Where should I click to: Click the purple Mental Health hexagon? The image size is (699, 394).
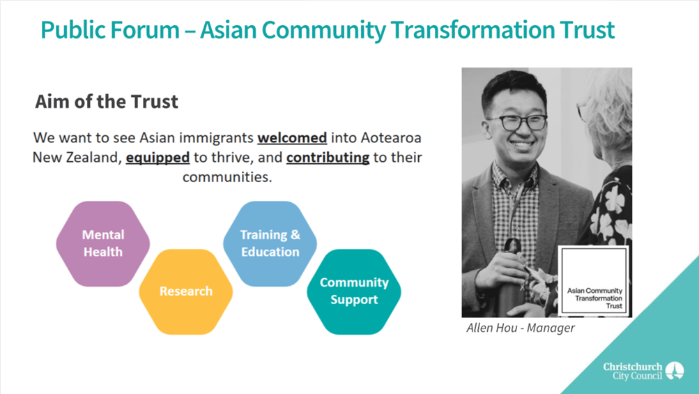click(x=103, y=243)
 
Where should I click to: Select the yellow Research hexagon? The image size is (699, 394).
click(x=186, y=291)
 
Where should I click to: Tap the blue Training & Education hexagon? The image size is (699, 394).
click(x=270, y=243)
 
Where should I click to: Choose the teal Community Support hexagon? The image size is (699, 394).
click(x=354, y=291)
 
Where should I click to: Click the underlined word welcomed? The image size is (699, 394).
click(x=292, y=137)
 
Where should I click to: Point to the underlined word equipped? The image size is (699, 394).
click(x=158, y=158)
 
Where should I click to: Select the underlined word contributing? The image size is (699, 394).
click(x=328, y=158)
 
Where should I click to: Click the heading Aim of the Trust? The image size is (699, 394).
click(x=107, y=102)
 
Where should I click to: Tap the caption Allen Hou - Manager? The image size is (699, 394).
click(x=520, y=328)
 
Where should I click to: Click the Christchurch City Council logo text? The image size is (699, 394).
click(x=633, y=371)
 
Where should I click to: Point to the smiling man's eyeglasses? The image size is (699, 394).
click(x=518, y=122)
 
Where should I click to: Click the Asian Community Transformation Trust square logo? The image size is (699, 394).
click(x=594, y=280)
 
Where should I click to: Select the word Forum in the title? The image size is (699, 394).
click(x=144, y=30)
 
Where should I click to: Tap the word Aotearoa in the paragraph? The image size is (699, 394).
click(x=391, y=137)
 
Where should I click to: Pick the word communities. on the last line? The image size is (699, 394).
click(x=227, y=177)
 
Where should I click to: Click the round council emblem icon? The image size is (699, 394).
click(x=675, y=370)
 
